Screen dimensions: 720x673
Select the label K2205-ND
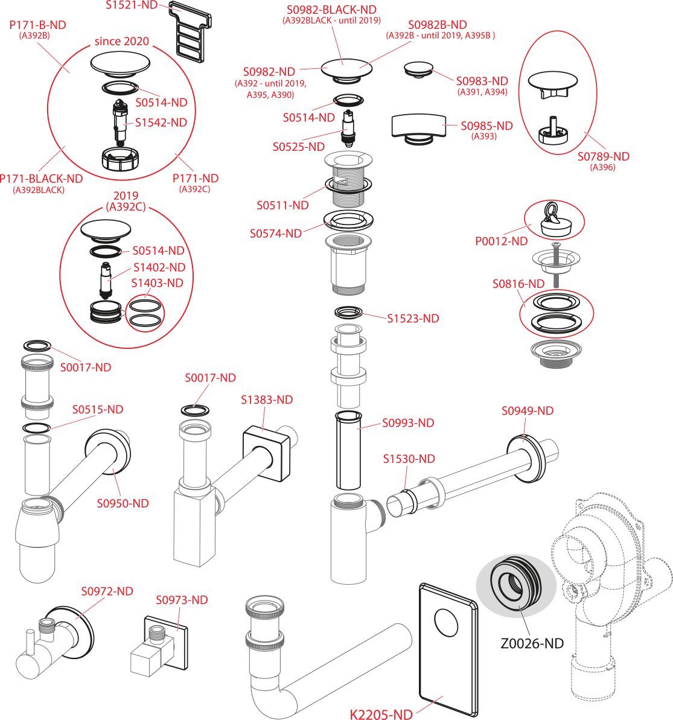381,714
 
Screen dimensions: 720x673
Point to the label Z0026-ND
531,643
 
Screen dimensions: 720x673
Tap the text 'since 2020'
121,42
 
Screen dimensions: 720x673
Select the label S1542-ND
161,123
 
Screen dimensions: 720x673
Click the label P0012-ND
501,241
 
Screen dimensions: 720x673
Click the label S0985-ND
486,126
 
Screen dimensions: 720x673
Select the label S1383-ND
267,400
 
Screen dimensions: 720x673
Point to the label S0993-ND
408,423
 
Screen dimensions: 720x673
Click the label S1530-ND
409,459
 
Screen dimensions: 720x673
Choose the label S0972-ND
107,591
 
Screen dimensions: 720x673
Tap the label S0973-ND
182,600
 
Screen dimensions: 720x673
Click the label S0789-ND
603,156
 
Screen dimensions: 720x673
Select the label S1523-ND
413,318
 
